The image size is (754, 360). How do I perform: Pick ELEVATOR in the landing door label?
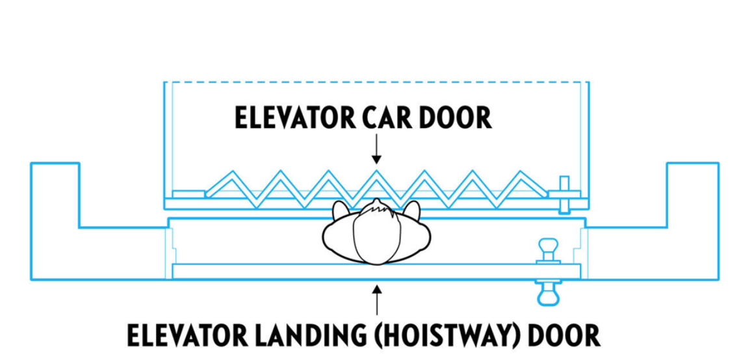pos(185,336)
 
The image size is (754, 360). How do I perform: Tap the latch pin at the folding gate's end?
pos(564,194)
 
